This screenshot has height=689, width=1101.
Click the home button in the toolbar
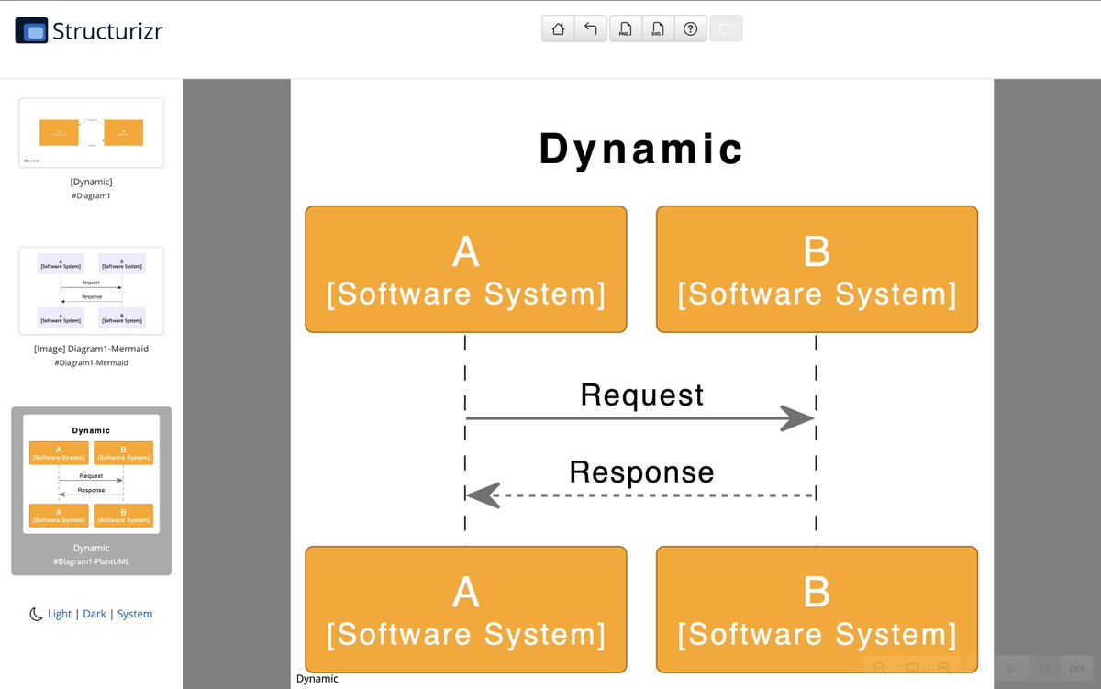558,28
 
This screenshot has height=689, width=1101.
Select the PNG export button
625,28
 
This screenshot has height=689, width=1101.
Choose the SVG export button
657,28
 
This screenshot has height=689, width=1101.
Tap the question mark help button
690,28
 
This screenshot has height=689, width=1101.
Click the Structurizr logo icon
31,31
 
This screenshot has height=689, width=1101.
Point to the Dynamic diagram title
641,149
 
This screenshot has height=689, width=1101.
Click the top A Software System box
466,269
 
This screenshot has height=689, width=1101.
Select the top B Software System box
817,269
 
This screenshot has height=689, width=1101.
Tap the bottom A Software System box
466,609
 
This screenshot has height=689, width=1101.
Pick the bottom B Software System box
817,609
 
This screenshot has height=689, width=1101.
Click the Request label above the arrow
642,395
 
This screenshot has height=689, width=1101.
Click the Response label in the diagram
641,472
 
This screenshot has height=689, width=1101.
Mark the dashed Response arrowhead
483,495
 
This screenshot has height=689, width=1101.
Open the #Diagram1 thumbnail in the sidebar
91,133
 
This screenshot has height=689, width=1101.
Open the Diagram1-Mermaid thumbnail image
91,290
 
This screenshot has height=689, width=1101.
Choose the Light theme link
60,614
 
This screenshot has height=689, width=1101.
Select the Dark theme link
95,614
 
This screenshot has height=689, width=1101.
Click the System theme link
134,614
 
